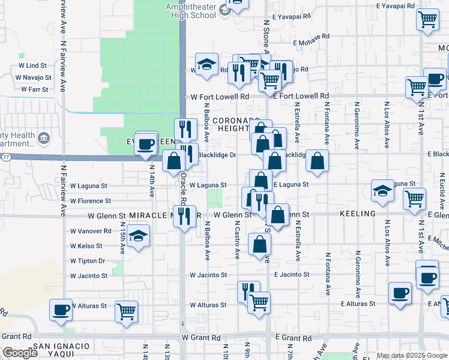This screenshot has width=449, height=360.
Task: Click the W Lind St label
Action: click(32, 65)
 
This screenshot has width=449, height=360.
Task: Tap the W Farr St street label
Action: click(34, 89)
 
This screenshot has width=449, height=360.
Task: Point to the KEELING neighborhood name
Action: click(357, 214)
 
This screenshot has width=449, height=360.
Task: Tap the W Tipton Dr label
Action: click(88, 261)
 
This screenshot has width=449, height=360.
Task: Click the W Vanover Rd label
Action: click(91, 230)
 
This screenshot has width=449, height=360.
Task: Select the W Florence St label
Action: click(90, 201)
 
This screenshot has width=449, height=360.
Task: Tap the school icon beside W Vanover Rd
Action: click(138, 236)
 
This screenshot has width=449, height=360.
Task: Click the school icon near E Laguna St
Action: click(382, 191)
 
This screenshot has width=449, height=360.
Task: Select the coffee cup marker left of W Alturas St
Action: click(61, 310)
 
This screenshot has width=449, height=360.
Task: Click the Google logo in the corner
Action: click(19, 353)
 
